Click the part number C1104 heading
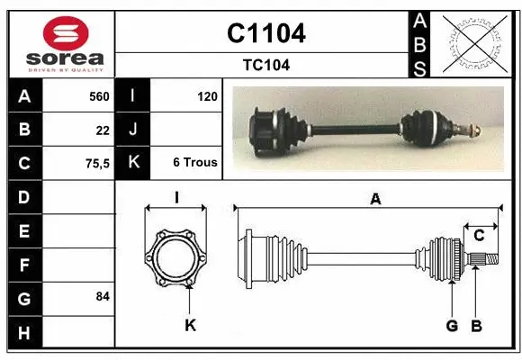[x=265, y=33]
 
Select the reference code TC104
[x=265, y=65]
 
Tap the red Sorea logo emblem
[x=66, y=33]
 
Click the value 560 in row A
[x=98, y=95]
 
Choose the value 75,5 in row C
[x=95, y=163]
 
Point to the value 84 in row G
[x=103, y=296]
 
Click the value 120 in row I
[x=206, y=95]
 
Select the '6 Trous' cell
[x=194, y=163]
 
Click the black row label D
[x=24, y=196]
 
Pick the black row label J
[x=133, y=130]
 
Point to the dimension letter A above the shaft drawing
[x=375, y=200]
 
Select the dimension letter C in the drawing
[x=479, y=235]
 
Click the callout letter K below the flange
[x=190, y=325]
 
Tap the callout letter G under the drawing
[x=452, y=325]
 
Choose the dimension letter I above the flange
[x=177, y=198]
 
